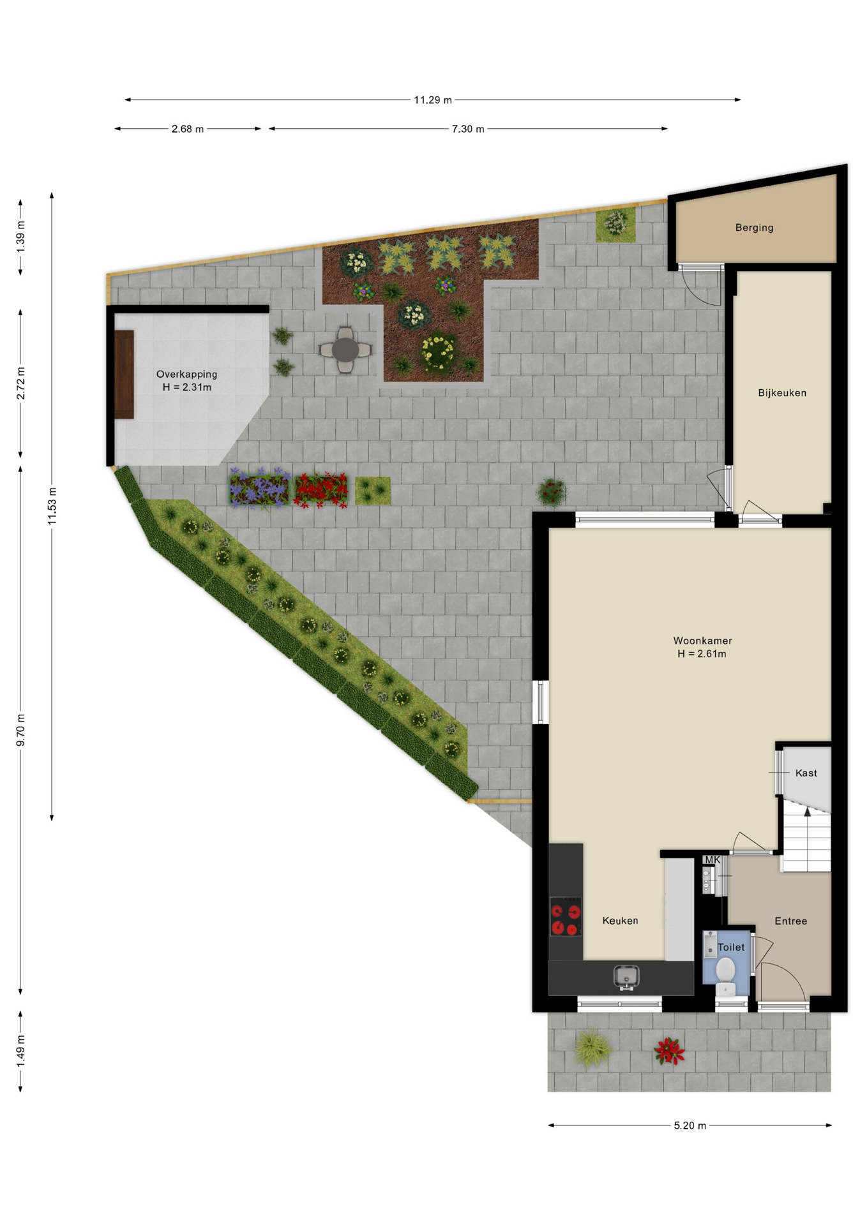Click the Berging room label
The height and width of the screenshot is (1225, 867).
coord(754,228)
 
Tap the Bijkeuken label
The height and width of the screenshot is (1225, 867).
coord(782,393)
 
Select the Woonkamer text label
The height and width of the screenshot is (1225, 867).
coord(702,641)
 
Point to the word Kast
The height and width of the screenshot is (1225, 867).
coord(806,773)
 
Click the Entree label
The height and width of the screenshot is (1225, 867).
coord(790,921)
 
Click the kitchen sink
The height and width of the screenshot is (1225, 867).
coord(626,977)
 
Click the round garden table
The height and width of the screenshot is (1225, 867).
coord(345,350)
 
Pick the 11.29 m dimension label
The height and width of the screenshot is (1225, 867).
coord(433,100)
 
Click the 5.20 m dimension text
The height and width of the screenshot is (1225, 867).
coord(690,1125)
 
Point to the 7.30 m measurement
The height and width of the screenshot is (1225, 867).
coord(468,129)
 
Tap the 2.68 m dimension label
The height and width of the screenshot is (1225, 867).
coord(188,129)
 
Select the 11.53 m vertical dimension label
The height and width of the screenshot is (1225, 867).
coord(52,506)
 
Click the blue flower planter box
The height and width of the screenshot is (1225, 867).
coord(260,489)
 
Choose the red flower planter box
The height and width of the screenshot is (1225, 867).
coord(321,490)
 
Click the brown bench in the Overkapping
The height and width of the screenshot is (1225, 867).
coord(124,375)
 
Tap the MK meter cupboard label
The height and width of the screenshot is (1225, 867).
coord(712,860)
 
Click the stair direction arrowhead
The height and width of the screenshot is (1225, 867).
coord(808,812)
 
